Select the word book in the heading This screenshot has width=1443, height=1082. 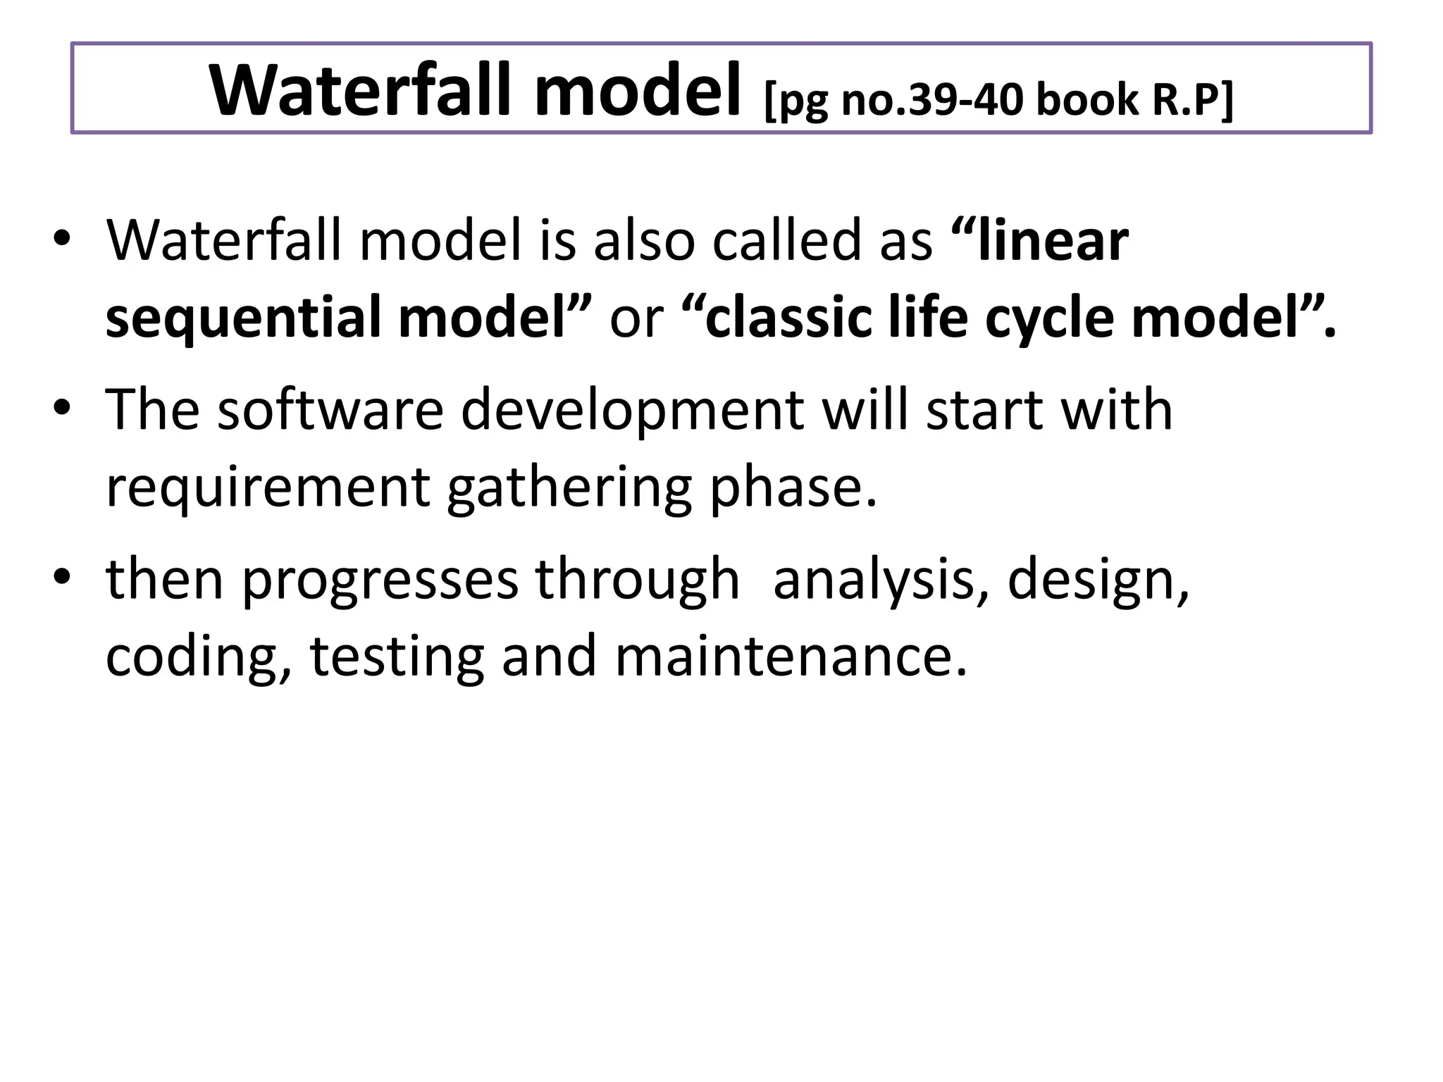[x=1086, y=100]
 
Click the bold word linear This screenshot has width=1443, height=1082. [x=1053, y=242]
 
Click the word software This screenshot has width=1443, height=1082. [x=330, y=410]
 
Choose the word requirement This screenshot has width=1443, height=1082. [x=268, y=487]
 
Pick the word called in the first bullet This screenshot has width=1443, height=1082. [x=786, y=242]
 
